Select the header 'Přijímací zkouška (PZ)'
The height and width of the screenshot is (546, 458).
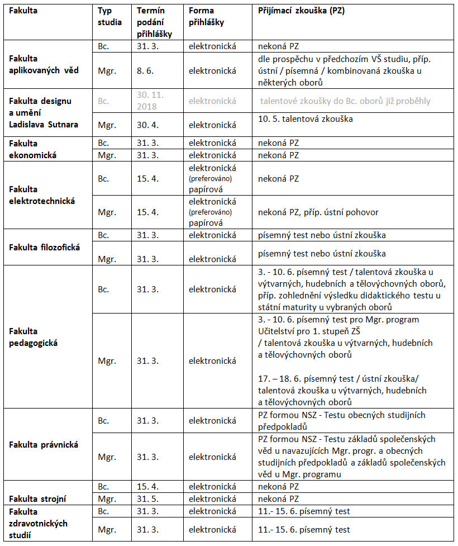302,11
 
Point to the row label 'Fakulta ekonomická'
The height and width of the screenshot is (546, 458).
33,148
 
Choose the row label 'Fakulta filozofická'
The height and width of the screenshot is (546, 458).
42,246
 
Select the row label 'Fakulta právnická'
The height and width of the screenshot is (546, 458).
44,445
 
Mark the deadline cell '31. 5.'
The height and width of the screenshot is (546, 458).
148,498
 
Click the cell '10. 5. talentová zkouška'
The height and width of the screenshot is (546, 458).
305,119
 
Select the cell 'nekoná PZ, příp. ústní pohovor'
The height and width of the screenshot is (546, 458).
313,212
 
